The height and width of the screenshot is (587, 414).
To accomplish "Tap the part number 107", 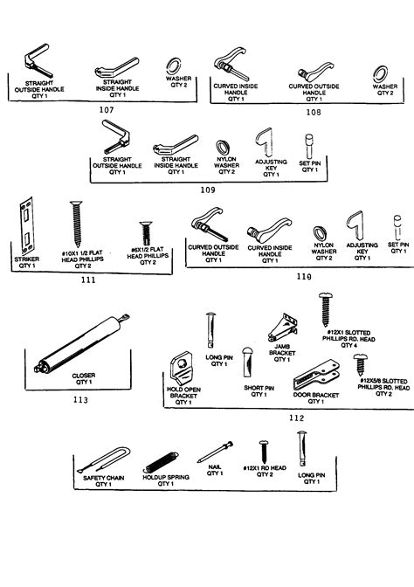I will [x=107, y=110].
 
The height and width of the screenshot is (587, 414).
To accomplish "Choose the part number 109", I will [x=208, y=189].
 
